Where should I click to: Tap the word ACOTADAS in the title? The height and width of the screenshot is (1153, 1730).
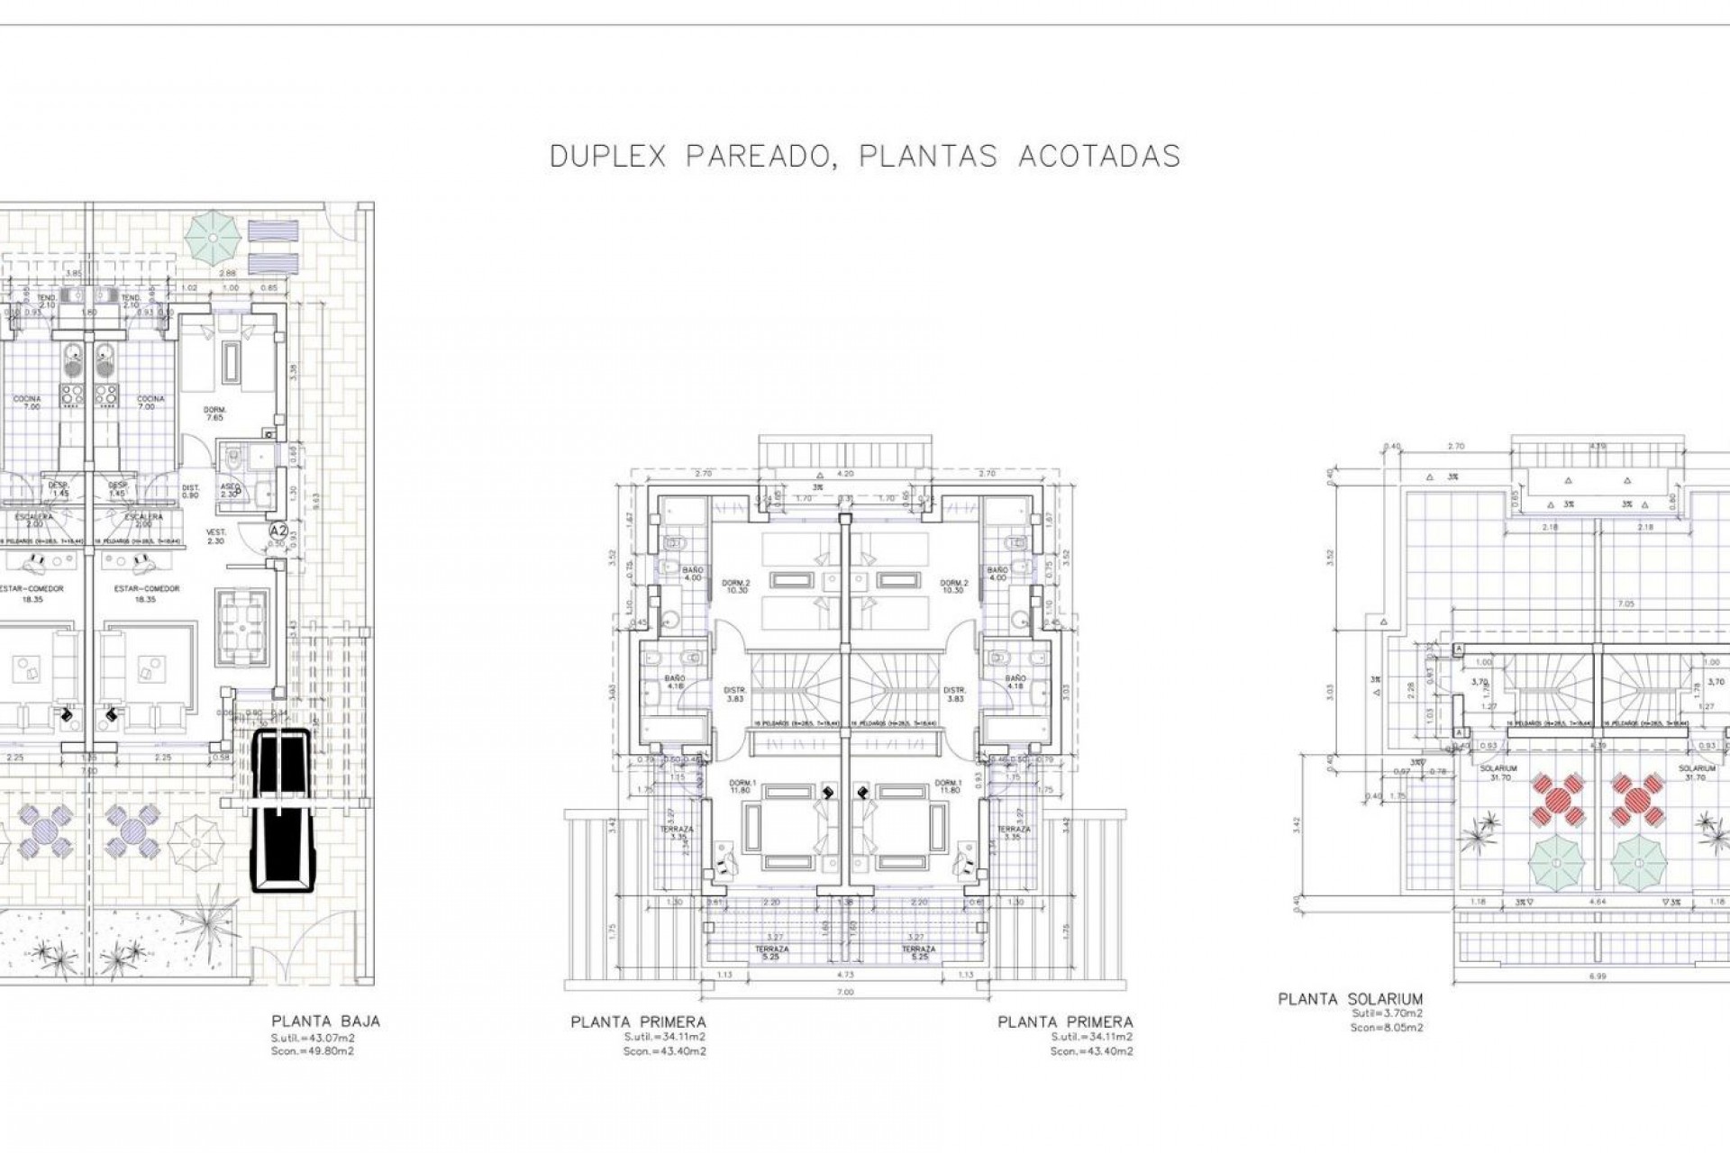1098,157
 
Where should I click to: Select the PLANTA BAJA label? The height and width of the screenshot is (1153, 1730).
325,1021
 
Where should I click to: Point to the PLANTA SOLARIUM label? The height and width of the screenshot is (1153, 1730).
1350,999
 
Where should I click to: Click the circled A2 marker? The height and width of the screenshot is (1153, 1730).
278,531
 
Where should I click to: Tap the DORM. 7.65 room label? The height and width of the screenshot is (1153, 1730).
214,413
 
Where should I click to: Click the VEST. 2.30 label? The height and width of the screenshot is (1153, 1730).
215,536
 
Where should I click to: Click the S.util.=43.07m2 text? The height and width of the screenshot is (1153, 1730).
313,1038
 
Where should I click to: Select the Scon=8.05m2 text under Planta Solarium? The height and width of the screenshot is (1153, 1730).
1387,1028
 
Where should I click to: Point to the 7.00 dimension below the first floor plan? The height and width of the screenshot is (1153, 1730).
844,992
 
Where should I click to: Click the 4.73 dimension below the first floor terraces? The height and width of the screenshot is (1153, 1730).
844,974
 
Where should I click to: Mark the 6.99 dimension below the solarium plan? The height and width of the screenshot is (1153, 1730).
1598,975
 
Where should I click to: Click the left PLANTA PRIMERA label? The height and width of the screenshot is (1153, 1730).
638,1022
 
